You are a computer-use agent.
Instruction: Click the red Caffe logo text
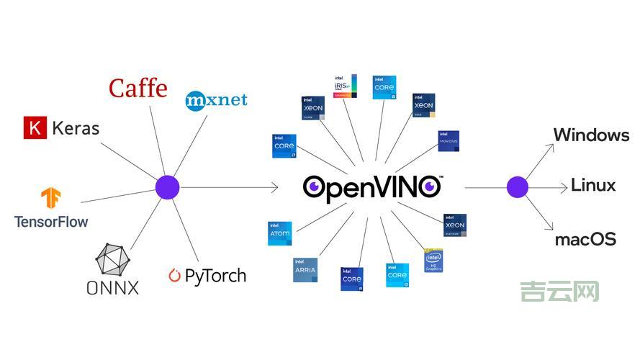(138, 89)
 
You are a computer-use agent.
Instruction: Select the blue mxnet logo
(216, 99)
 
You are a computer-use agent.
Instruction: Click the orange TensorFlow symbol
(51, 199)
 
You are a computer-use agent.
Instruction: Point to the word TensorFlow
(51, 221)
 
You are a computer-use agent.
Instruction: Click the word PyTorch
(215, 275)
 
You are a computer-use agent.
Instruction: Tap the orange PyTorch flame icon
(174, 275)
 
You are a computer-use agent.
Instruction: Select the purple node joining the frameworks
(167, 188)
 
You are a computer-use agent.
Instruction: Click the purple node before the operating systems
(517, 187)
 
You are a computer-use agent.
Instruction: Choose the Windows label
(591, 135)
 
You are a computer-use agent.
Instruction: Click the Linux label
(593, 185)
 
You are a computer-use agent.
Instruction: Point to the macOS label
(585, 239)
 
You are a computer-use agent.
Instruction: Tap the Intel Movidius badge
(449, 141)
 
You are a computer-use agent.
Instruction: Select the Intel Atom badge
(279, 233)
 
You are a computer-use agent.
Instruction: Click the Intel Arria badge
(305, 270)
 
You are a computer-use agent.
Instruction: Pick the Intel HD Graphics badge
(433, 261)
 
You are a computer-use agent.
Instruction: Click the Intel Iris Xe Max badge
(345, 86)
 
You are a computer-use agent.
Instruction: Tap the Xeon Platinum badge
(456, 225)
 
